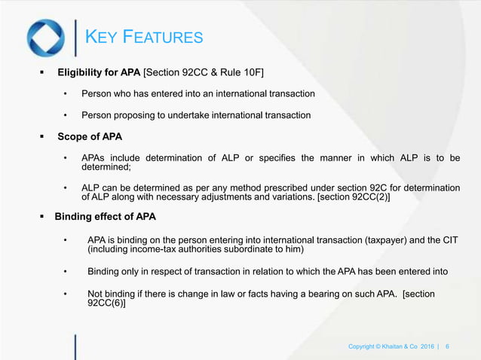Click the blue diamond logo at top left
(45, 38)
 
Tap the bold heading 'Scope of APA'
(90, 137)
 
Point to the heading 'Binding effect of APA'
(106, 217)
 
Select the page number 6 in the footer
(448, 346)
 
